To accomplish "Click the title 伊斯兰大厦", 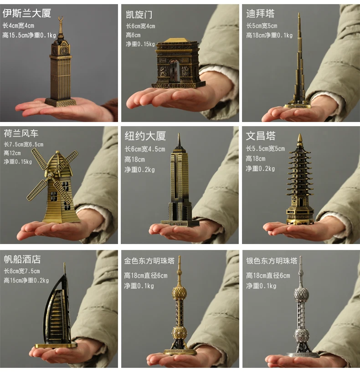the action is coord(27,13).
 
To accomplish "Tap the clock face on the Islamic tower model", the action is coord(64,51).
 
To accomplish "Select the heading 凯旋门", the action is coord(139,15).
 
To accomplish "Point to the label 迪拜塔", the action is coord(260,14).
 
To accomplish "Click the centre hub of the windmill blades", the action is coord(50,175).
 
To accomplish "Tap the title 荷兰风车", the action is coord(21,133).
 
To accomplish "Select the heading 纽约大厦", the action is coord(145,136).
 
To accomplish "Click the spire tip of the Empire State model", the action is coord(179,134).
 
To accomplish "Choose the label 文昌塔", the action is coord(261,136).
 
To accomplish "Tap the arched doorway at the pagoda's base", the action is coord(301,202).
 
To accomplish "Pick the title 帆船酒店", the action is coord(22,260).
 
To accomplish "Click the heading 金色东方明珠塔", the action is coord(149,261).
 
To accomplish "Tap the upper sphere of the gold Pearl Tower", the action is coord(179,293).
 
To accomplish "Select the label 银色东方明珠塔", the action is coord(272,261).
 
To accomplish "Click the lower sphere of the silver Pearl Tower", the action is coord(302,335).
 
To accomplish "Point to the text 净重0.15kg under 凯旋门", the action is coord(140,44).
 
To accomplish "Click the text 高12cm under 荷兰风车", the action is coord(12,153).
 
